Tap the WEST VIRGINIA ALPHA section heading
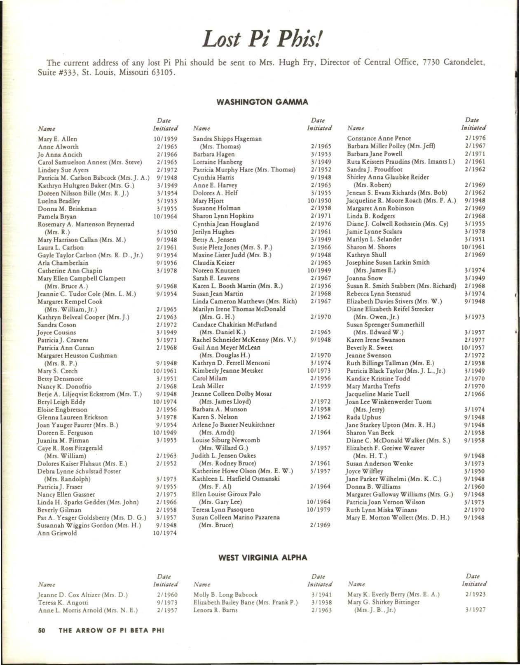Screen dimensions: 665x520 tap(262, 558)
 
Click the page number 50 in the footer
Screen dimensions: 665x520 tap(41, 630)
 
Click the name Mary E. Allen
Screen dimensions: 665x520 tap(57, 139)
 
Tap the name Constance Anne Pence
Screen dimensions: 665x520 tap(379, 139)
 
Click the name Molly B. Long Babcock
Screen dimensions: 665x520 tap(225, 595)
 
